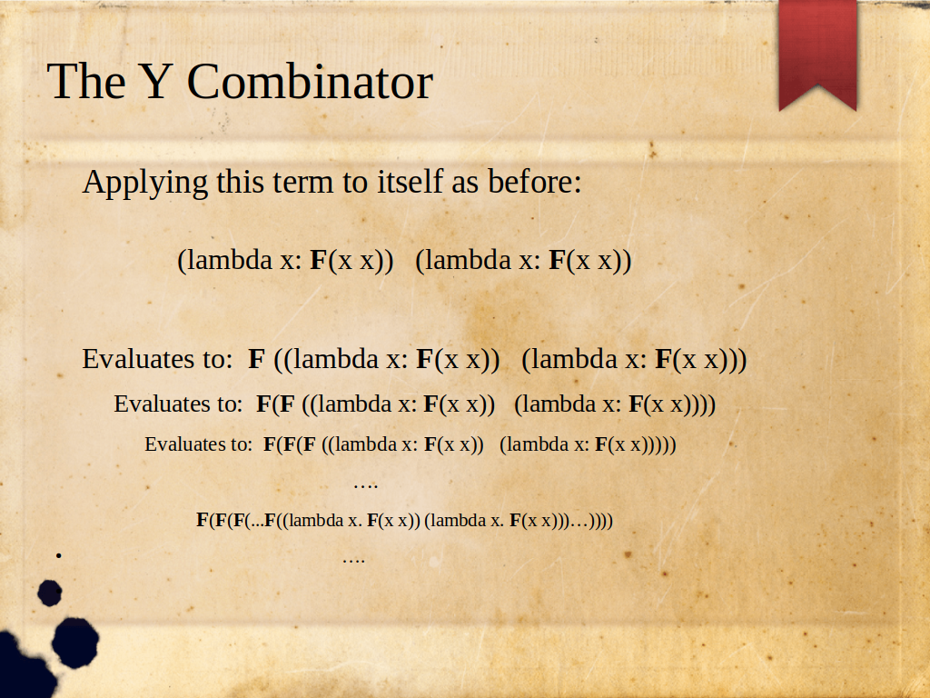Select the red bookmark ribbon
click(x=818, y=55)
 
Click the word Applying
click(x=145, y=182)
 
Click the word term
click(x=303, y=182)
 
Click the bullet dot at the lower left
click(x=59, y=555)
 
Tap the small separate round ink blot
click(x=50, y=593)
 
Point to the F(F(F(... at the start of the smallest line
click(x=230, y=521)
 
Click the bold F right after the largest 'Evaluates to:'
click(x=256, y=359)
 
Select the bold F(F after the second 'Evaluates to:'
click(x=275, y=404)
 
